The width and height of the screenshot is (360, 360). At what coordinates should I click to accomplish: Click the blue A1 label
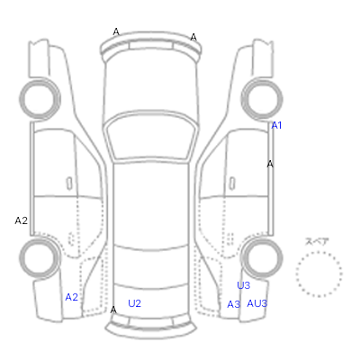[276, 125]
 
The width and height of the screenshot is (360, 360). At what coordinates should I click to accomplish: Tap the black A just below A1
[270, 164]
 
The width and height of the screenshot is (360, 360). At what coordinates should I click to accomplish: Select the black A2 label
[22, 220]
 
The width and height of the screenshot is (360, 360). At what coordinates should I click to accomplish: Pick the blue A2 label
[72, 297]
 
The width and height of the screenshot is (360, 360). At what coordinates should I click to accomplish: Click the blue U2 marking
[134, 303]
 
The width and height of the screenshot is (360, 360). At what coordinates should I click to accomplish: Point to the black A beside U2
[113, 310]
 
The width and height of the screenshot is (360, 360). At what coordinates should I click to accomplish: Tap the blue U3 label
[243, 285]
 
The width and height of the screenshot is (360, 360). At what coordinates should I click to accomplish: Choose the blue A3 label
[234, 304]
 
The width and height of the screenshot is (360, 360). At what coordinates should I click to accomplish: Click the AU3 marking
[257, 303]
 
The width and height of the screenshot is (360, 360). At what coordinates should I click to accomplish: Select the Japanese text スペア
[317, 241]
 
